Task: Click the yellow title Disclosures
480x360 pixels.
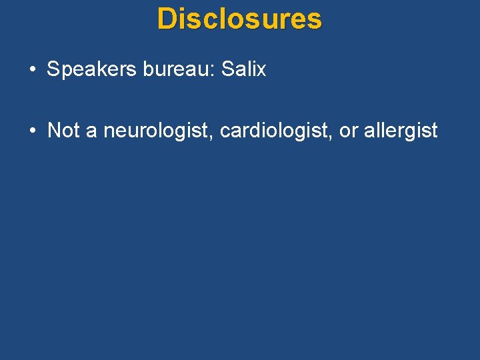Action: coord(239,19)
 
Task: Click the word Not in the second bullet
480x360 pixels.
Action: coord(63,130)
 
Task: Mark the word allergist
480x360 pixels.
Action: coord(401,131)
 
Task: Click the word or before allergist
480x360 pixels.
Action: coord(349,131)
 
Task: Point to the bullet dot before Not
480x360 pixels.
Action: coord(32,131)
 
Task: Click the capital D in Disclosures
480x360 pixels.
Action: coord(165,19)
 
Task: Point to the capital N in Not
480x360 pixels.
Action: coord(54,130)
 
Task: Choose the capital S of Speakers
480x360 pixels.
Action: coord(53,69)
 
